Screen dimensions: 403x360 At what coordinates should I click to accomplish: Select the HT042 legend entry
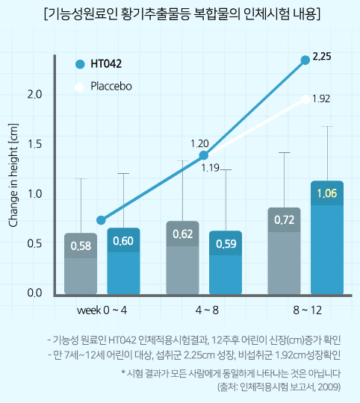[105, 64]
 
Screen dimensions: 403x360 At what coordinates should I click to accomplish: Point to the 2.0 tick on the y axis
[34, 94]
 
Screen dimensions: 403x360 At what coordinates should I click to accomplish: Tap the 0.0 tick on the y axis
[34, 293]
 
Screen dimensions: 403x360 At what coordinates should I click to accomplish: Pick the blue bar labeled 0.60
[123, 261]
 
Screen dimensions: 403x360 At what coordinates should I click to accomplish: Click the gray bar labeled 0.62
[182, 257]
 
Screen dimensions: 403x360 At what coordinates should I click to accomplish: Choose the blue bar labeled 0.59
[225, 263]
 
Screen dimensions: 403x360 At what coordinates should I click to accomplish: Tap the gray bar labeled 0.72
[284, 250]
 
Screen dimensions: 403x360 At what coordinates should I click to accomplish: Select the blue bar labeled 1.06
[326, 237]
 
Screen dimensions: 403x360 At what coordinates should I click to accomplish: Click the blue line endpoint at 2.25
[305, 60]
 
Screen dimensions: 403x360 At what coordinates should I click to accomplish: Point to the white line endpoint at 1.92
[305, 98]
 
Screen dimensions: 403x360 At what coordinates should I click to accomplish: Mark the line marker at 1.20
[204, 155]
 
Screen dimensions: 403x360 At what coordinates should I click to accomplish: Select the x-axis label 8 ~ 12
[305, 308]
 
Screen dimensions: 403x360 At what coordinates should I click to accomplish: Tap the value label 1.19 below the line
[210, 168]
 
